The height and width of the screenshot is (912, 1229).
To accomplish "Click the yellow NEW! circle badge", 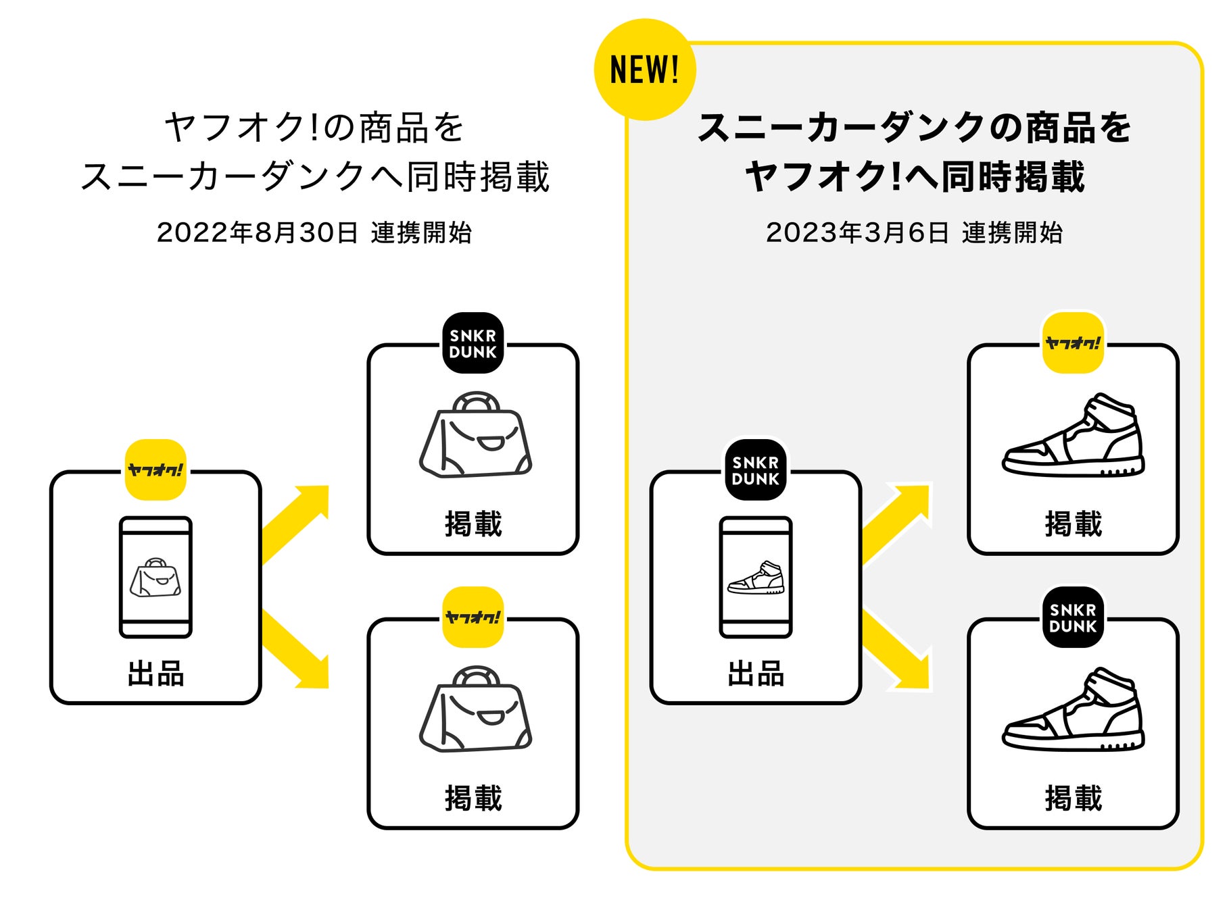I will (x=644, y=70).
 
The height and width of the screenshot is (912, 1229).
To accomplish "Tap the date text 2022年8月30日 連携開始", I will (x=314, y=233).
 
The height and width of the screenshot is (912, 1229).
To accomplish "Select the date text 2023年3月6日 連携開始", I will (x=914, y=233).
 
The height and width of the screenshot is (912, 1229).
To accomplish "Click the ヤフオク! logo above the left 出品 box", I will (x=155, y=470).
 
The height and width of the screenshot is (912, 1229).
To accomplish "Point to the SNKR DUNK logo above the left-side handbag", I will (x=473, y=343).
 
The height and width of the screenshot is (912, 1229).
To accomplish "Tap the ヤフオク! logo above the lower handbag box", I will (x=473, y=617).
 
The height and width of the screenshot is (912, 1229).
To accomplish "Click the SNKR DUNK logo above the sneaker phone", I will (x=755, y=470).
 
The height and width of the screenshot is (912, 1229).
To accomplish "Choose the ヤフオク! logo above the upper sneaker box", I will (x=1073, y=343).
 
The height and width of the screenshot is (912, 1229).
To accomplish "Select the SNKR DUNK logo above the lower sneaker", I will (x=1073, y=617).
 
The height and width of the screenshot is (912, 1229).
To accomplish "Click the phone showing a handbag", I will (x=155, y=578).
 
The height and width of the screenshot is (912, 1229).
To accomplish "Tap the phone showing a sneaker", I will (x=755, y=578).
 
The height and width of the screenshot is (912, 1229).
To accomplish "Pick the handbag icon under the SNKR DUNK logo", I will (x=475, y=436).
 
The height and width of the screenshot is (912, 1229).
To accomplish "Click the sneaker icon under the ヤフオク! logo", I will (x=1073, y=436).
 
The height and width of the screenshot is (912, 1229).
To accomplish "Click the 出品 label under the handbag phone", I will (x=155, y=674).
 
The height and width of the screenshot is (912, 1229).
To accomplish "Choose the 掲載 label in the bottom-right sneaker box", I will (x=1073, y=799).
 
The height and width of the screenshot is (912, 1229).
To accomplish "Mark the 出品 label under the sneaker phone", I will (x=755, y=674).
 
